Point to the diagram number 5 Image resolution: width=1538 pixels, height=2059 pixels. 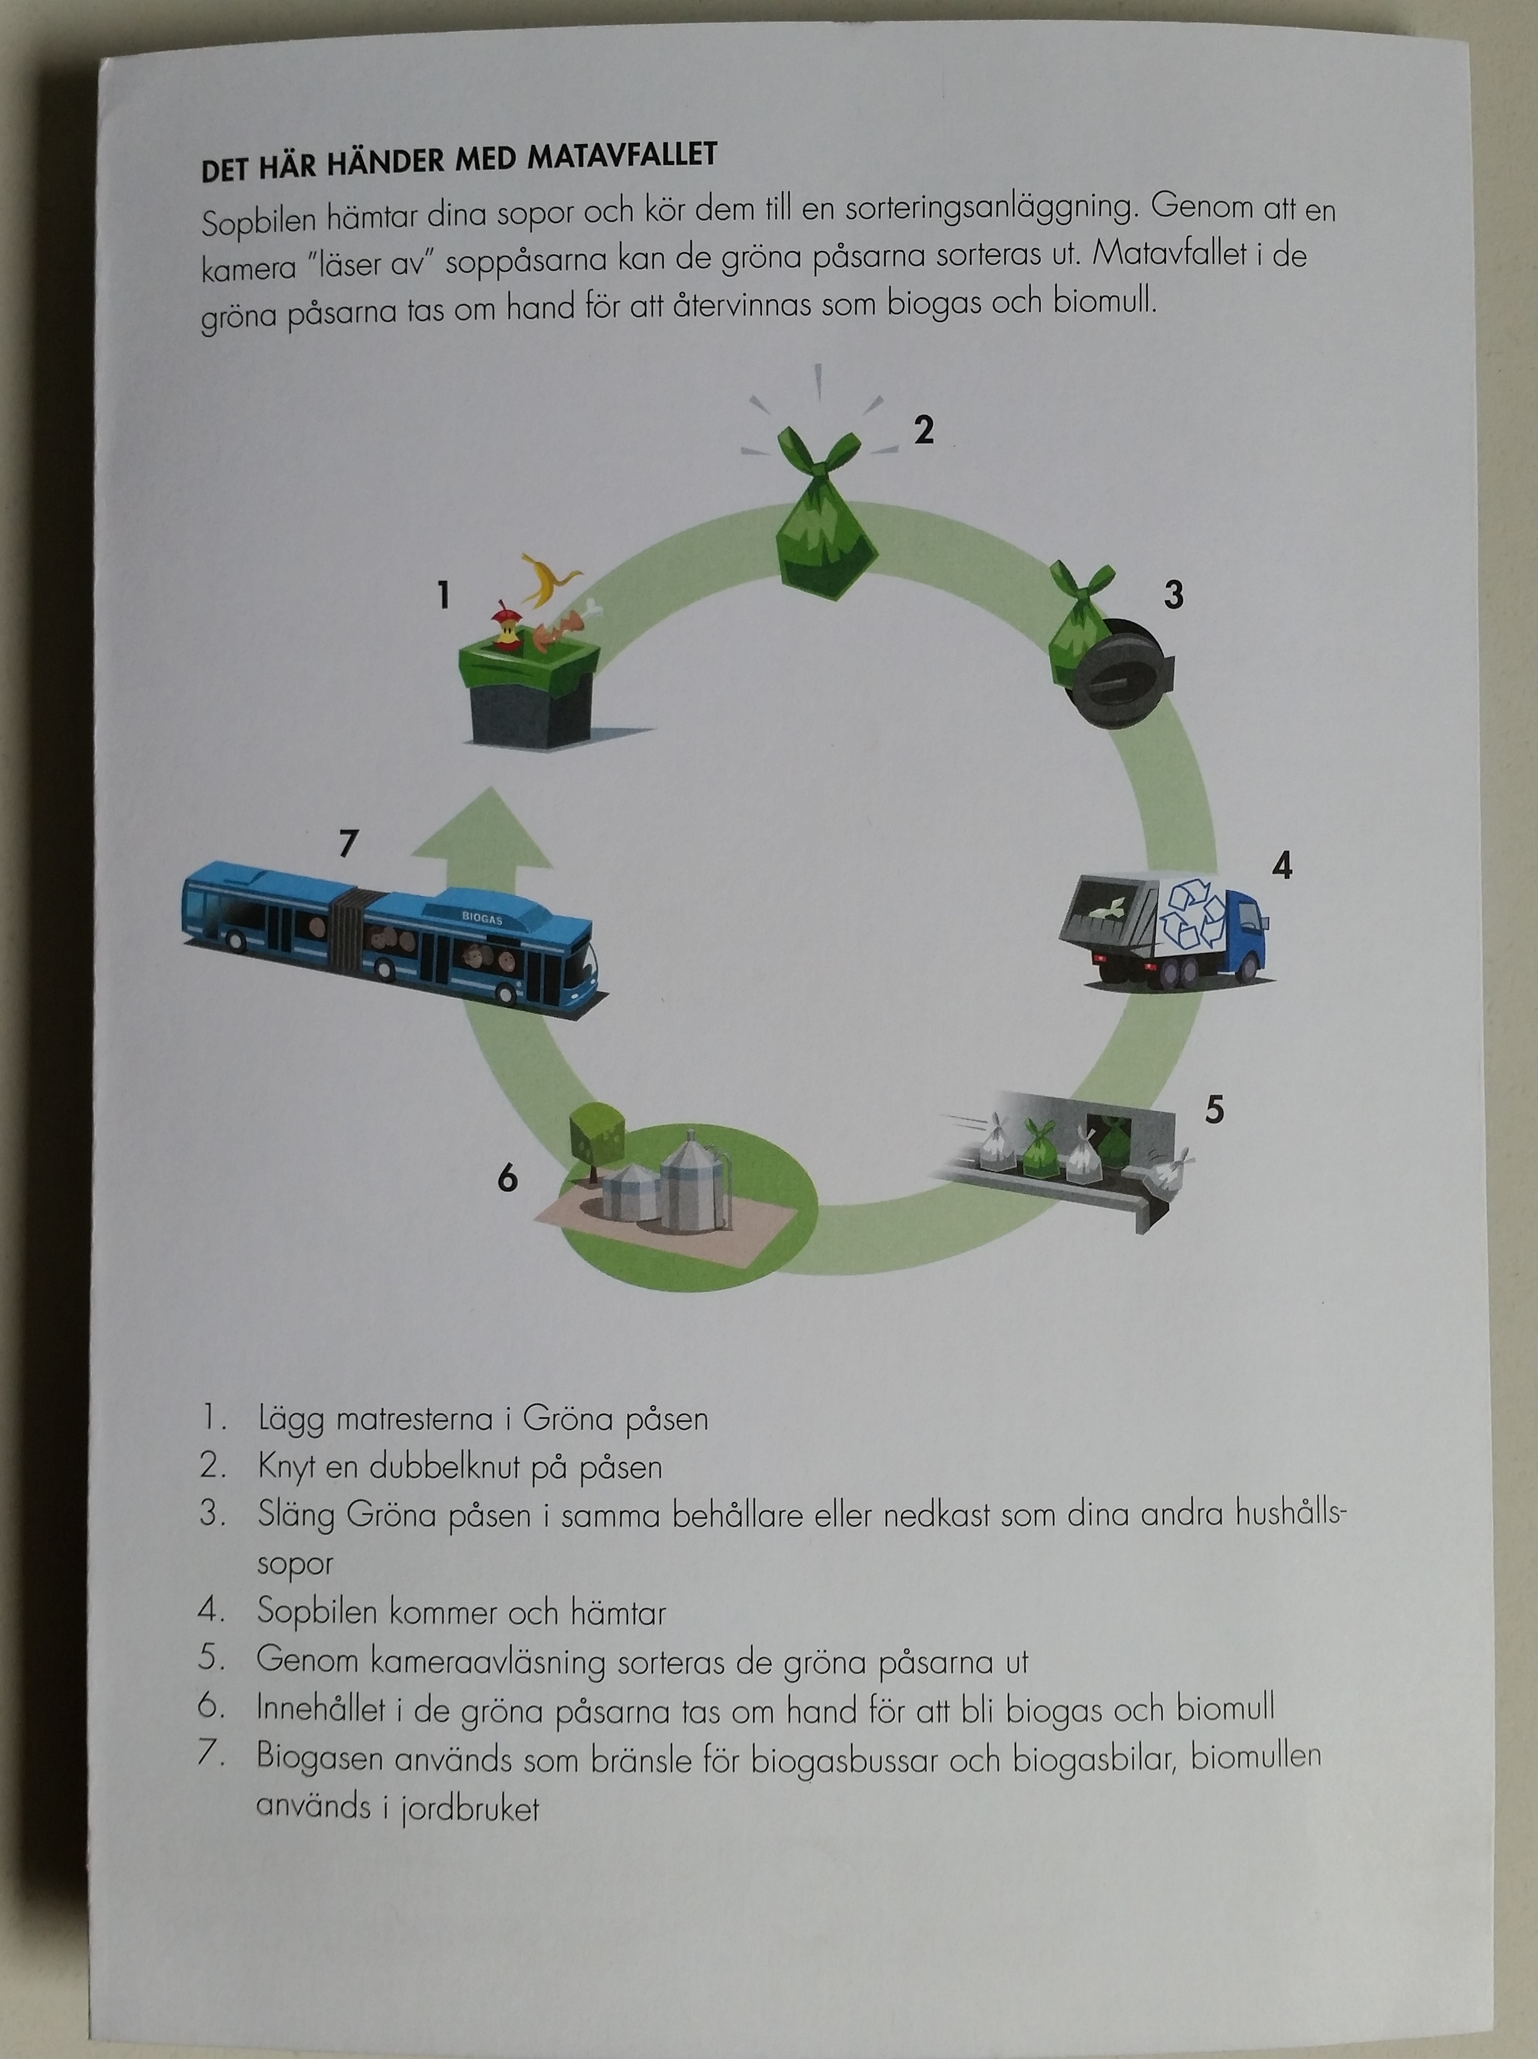click(x=1214, y=1110)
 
